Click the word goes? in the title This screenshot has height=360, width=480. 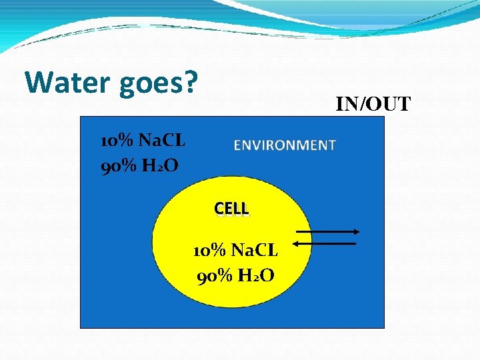[x=160, y=83]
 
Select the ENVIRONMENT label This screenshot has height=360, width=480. [x=285, y=145]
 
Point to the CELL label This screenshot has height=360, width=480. [x=231, y=209]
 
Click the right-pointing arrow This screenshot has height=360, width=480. [x=327, y=232]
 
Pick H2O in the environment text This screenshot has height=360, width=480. [x=160, y=165]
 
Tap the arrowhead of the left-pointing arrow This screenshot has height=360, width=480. [x=297, y=244]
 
